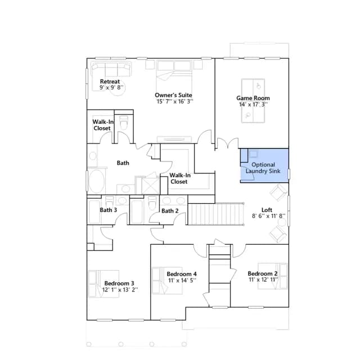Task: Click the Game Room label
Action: tap(253, 98)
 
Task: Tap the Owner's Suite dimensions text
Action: tap(175, 101)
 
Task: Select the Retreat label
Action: tap(110, 82)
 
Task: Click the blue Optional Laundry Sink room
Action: tap(264, 165)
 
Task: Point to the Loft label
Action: tap(267, 210)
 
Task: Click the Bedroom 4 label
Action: tap(182, 274)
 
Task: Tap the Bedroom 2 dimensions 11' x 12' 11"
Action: tap(263, 280)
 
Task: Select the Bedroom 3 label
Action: tap(119, 283)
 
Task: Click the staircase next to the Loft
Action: tap(216, 214)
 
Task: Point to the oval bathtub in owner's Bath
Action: tap(96, 181)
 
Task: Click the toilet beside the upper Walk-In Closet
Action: tap(124, 123)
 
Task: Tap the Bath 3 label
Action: tap(109, 210)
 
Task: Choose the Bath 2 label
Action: tap(170, 211)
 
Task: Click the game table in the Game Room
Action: tap(253, 101)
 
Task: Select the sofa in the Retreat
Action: tap(111, 69)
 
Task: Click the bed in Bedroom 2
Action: tap(272, 276)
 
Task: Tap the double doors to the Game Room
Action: tap(228, 143)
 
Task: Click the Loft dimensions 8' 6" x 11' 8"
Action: tap(268, 216)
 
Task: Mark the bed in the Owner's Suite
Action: tap(174, 79)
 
